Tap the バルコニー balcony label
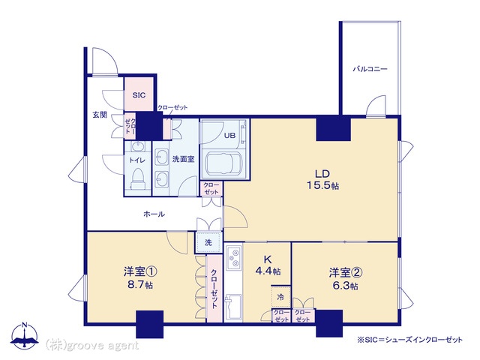[370, 69]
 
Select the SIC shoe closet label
[139, 96]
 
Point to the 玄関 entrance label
[100, 115]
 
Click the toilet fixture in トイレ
[137, 178]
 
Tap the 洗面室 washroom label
[183, 159]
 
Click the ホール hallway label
[154, 214]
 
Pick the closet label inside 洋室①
[213, 289]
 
